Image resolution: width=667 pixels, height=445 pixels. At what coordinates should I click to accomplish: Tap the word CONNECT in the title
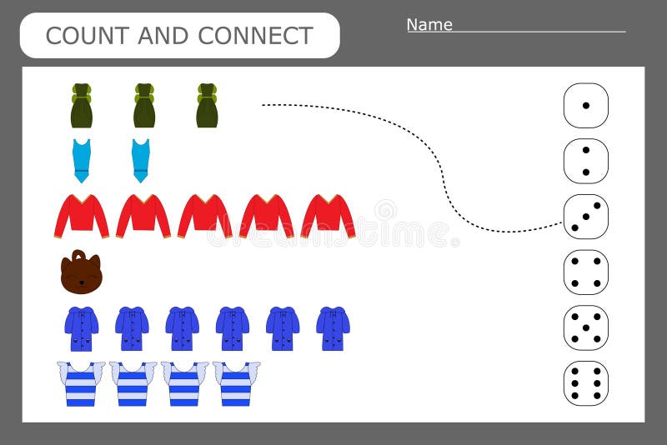(x=256, y=36)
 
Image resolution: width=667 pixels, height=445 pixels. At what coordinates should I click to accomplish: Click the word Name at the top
(x=429, y=24)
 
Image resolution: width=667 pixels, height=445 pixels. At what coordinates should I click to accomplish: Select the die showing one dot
(x=585, y=105)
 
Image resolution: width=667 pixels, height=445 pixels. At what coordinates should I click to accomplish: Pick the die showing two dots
(x=585, y=161)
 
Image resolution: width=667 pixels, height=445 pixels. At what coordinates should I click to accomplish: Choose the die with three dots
(x=585, y=217)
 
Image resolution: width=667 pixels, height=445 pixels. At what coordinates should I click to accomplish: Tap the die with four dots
(x=585, y=272)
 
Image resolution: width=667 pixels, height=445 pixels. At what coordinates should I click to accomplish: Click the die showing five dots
(x=585, y=327)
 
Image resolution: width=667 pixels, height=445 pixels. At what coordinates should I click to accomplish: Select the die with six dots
(x=585, y=382)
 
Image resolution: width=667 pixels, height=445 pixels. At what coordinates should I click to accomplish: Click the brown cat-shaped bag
(x=81, y=272)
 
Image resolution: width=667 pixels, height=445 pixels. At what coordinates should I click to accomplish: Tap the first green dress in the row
(x=81, y=106)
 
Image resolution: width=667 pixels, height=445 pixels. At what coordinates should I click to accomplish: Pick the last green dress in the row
(x=207, y=106)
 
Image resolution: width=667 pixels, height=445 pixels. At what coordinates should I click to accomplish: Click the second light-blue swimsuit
(x=141, y=161)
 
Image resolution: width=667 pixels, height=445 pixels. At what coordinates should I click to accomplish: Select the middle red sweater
(x=204, y=216)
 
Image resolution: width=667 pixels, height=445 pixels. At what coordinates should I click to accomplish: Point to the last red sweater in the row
(x=328, y=216)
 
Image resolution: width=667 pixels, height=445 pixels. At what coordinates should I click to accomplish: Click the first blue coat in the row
(x=82, y=328)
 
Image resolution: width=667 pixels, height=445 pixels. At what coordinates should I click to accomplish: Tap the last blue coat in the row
(x=333, y=328)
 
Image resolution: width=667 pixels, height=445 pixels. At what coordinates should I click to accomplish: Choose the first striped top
(x=81, y=383)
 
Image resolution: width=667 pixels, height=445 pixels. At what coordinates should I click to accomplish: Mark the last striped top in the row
(x=236, y=383)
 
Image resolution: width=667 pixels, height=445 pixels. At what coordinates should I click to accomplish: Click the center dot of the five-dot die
(x=585, y=327)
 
